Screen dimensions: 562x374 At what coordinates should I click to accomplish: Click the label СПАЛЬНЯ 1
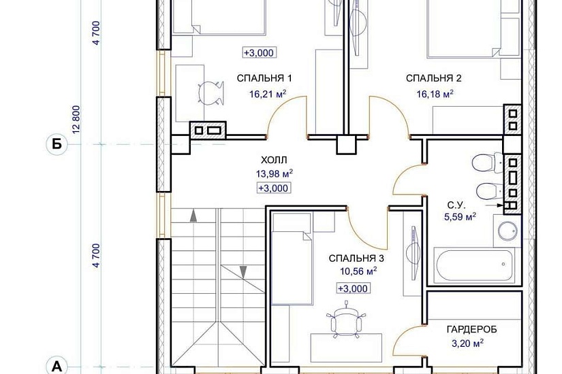[264, 78]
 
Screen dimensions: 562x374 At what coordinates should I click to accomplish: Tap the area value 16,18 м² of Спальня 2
[435, 94]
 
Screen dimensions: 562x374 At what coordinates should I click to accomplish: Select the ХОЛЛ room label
[274, 160]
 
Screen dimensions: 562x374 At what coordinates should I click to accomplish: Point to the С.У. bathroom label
[456, 205]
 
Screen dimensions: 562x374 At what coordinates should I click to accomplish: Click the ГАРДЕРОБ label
[471, 329]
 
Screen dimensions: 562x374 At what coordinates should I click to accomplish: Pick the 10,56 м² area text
[358, 271]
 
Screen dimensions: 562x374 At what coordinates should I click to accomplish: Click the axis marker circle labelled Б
[57, 144]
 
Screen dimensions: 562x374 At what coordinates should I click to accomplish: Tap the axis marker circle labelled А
[57, 366]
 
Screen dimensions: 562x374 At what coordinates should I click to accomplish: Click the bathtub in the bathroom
[475, 265]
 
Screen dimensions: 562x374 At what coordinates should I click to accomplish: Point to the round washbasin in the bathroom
[508, 232]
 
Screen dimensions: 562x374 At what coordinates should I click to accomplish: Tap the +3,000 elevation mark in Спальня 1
[259, 53]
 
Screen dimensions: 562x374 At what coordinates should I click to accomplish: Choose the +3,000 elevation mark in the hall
[273, 188]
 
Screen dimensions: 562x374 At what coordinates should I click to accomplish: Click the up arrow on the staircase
[193, 216]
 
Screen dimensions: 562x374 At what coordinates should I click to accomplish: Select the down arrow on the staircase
[243, 272]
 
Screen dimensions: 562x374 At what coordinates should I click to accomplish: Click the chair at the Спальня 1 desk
[210, 92]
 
